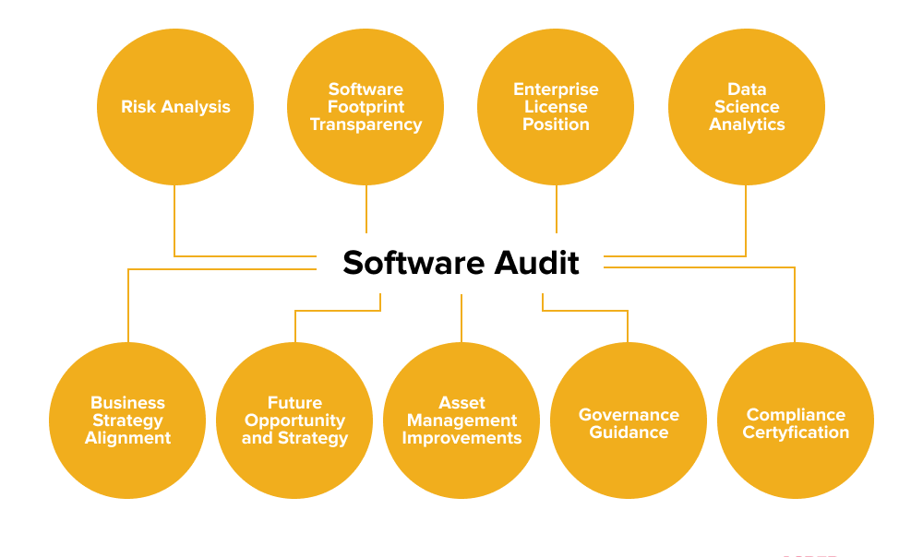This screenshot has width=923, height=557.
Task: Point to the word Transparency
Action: point(366,124)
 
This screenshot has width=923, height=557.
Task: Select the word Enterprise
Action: point(556,89)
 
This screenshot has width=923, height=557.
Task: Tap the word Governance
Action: point(629,415)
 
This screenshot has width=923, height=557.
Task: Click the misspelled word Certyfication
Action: point(796,433)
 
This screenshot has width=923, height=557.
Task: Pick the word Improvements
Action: point(461,438)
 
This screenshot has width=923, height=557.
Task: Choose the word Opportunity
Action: point(294,421)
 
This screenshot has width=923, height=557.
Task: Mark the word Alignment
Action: point(127,438)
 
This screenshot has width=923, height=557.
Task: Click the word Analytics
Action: point(747,124)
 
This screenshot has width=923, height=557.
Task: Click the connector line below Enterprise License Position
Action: point(556,209)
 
